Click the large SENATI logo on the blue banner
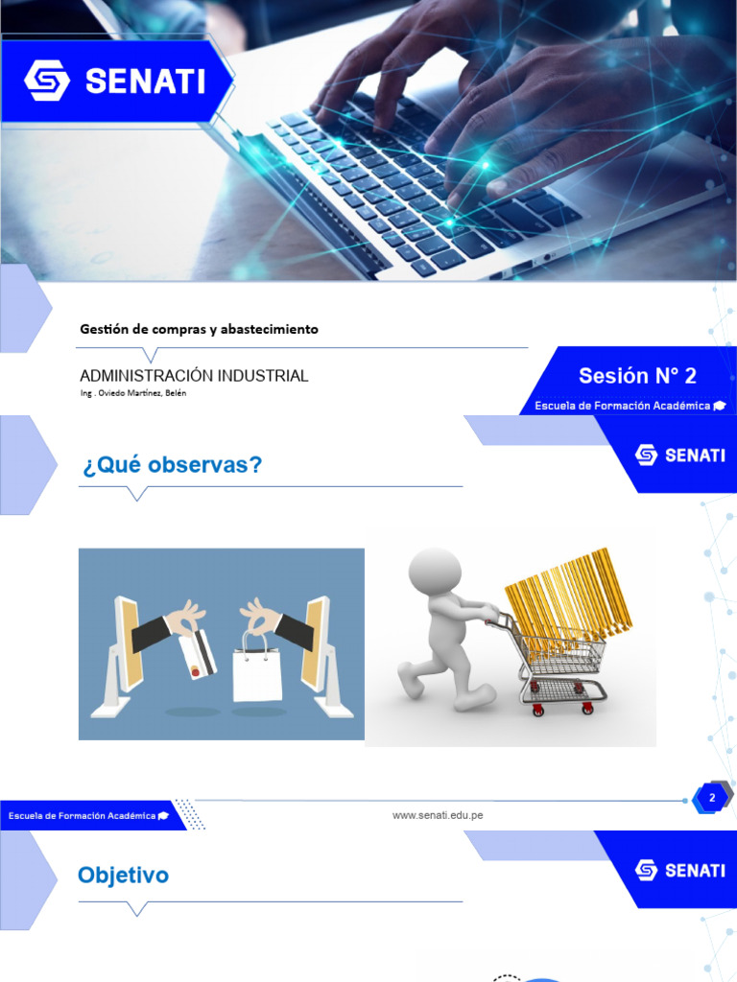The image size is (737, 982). pyautogui.click(x=115, y=81)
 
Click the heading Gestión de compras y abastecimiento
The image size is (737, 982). pyautogui.click(x=199, y=329)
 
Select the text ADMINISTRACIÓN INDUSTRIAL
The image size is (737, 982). pyautogui.click(x=194, y=376)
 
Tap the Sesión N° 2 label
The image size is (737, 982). pyautogui.click(x=637, y=376)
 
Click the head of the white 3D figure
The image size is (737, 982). pyautogui.click(x=434, y=573)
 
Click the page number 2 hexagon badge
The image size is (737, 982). pyautogui.click(x=711, y=798)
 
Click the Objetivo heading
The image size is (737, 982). pyautogui.click(x=123, y=875)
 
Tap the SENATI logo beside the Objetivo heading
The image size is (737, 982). pyautogui.click(x=679, y=870)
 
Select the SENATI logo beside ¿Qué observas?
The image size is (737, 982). pyautogui.click(x=679, y=455)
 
